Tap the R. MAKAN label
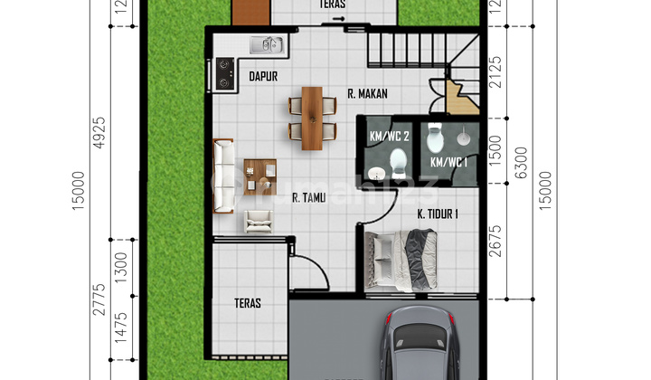coord(368,91)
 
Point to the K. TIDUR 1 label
coord(439,214)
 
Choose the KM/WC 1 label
coord(448,162)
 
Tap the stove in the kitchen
coord(224,73)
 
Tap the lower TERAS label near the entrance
coord(247,303)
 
